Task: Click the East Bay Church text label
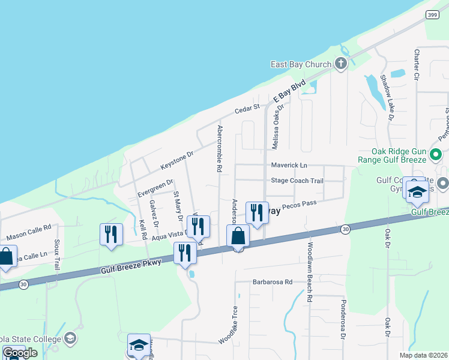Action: [301, 64]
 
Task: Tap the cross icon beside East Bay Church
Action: [340, 64]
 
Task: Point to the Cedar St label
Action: [246, 109]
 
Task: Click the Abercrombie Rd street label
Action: [220, 149]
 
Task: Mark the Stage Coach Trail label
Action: [297, 181]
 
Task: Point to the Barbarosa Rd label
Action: [272, 281]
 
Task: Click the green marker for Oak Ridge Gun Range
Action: [438, 154]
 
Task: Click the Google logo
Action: [20, 353]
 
